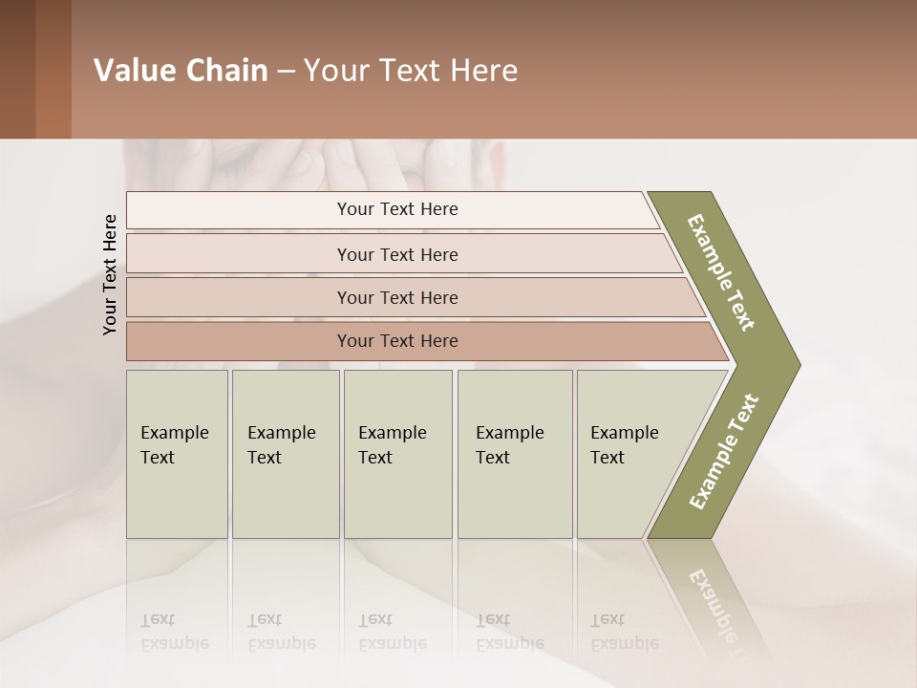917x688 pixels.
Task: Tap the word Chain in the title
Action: point(226,71)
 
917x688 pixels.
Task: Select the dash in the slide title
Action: point(286,72)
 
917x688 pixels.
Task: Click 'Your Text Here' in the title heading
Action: point(411,71)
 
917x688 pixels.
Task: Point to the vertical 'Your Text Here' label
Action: point(110,274)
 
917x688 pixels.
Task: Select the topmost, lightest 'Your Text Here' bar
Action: point(396,209)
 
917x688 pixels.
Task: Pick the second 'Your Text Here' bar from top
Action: point(396,254)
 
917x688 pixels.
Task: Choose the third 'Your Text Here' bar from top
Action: point(396,297)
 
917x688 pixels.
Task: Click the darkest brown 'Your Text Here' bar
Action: point(396,341)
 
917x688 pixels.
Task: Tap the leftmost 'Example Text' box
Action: point(177,453)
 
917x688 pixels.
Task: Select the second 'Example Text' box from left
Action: point(285,453)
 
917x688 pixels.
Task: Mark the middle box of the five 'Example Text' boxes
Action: point(397,453)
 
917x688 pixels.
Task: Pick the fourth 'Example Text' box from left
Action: point(514,453)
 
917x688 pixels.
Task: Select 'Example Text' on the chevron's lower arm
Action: point(723,451)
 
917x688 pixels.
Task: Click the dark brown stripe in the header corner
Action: point(17,70)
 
